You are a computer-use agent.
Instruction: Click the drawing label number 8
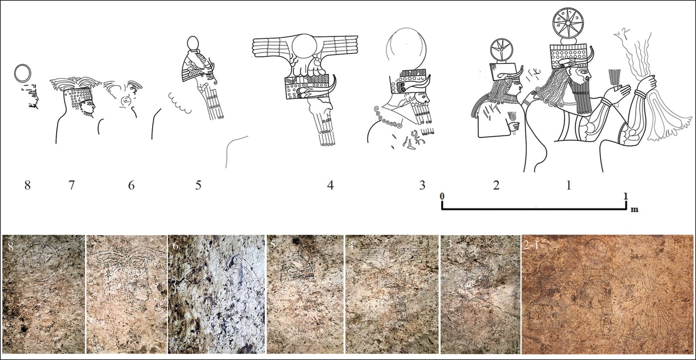pos(28,185)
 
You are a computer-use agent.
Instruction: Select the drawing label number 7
pos(72,185)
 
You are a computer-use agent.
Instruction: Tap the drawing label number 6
pos(131,185)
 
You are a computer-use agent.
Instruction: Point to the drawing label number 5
pos(198,185)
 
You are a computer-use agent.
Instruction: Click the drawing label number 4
pos(330,185)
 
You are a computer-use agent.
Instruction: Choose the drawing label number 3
pos(422,185)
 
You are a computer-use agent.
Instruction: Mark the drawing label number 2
pos(496,185)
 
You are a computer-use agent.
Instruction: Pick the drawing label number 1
pos(569,185)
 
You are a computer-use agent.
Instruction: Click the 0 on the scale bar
pos(442,196)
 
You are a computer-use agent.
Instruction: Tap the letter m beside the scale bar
pos(634,209)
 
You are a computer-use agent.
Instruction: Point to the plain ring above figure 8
pos(23,65)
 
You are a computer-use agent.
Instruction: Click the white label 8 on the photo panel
pos(11,247)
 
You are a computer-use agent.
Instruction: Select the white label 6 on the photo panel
pos(175,247)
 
